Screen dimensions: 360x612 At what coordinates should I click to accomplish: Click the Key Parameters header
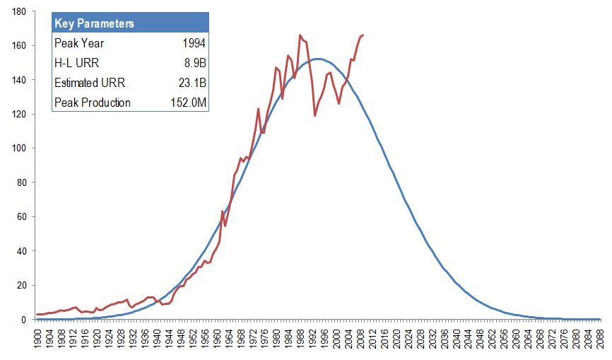95,23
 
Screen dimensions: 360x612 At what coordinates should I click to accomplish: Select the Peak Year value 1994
193,43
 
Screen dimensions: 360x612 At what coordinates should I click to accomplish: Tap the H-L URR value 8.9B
194,63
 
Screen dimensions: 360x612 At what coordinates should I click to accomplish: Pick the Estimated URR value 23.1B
192,83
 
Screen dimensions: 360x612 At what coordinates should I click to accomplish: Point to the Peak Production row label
93,103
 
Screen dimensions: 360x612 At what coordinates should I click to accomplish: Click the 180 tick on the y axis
19,12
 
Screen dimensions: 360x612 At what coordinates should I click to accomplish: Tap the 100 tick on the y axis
19,149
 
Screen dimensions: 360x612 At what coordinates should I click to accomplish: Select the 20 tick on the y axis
21,285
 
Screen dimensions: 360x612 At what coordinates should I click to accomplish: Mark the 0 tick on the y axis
24,320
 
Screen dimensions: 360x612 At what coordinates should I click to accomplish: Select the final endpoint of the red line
363,35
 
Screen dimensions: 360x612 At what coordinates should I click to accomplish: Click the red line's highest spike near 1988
300,35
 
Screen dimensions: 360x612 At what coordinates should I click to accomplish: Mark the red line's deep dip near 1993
314,115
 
